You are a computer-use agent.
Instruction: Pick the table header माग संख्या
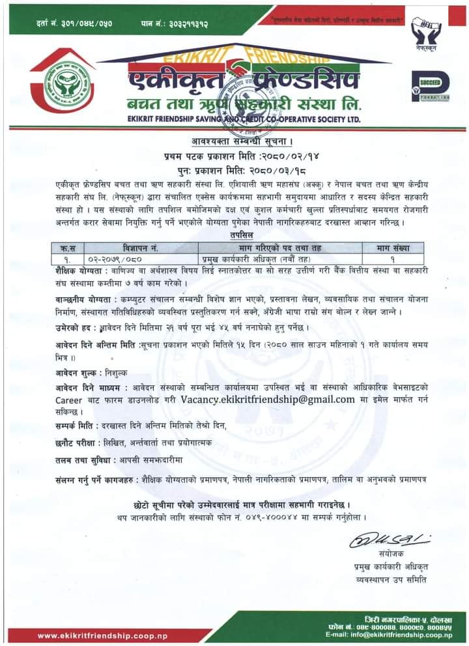390,246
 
